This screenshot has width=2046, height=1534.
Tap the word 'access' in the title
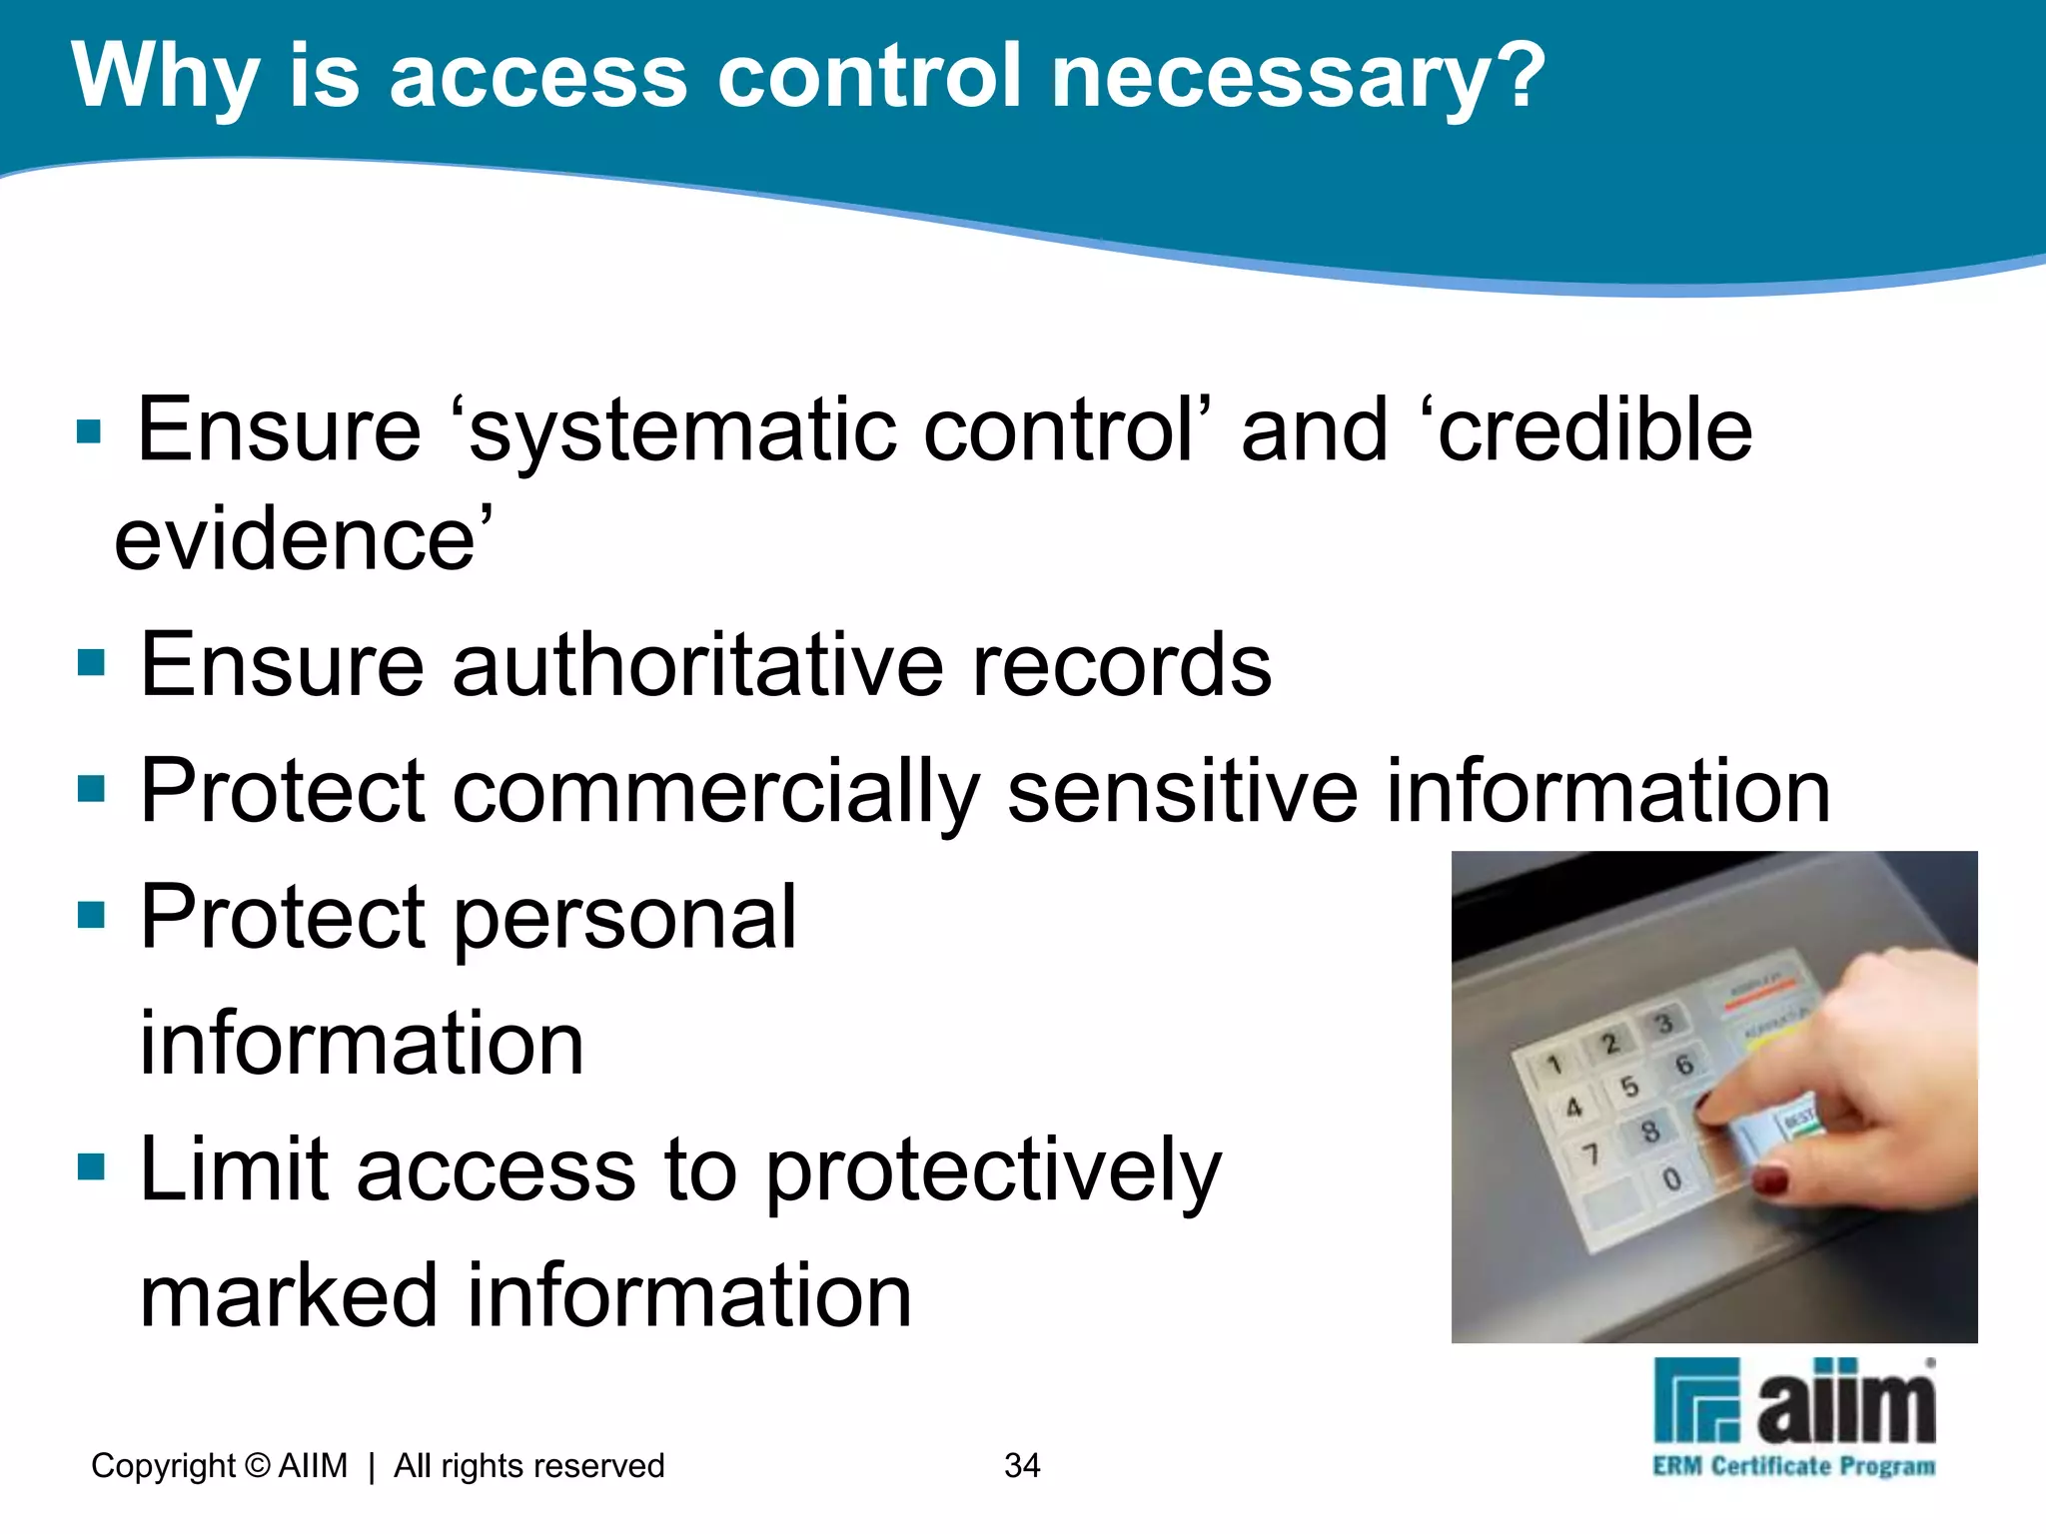point(538,78)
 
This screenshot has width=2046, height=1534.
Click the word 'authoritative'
point(697,666)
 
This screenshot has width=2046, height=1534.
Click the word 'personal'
point(625,918)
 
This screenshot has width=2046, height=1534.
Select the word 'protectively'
point(993,1171)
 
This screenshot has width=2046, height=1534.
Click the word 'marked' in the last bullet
point(289,1295)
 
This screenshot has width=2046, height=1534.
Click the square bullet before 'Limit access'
point(91,1166)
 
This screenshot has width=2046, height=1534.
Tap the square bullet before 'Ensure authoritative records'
point(91,662)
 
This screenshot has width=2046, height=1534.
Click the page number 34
point(1022,1465)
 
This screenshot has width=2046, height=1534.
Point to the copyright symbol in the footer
point(258,1465)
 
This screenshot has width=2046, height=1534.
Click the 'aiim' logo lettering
point(1845,1403)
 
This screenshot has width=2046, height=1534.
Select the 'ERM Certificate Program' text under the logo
point(1794,1466)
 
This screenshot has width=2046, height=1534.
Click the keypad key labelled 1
point(1554,1065)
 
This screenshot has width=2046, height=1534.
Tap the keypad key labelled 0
point(1671,1179)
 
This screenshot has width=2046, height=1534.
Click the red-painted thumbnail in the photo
point(1769,1180)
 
